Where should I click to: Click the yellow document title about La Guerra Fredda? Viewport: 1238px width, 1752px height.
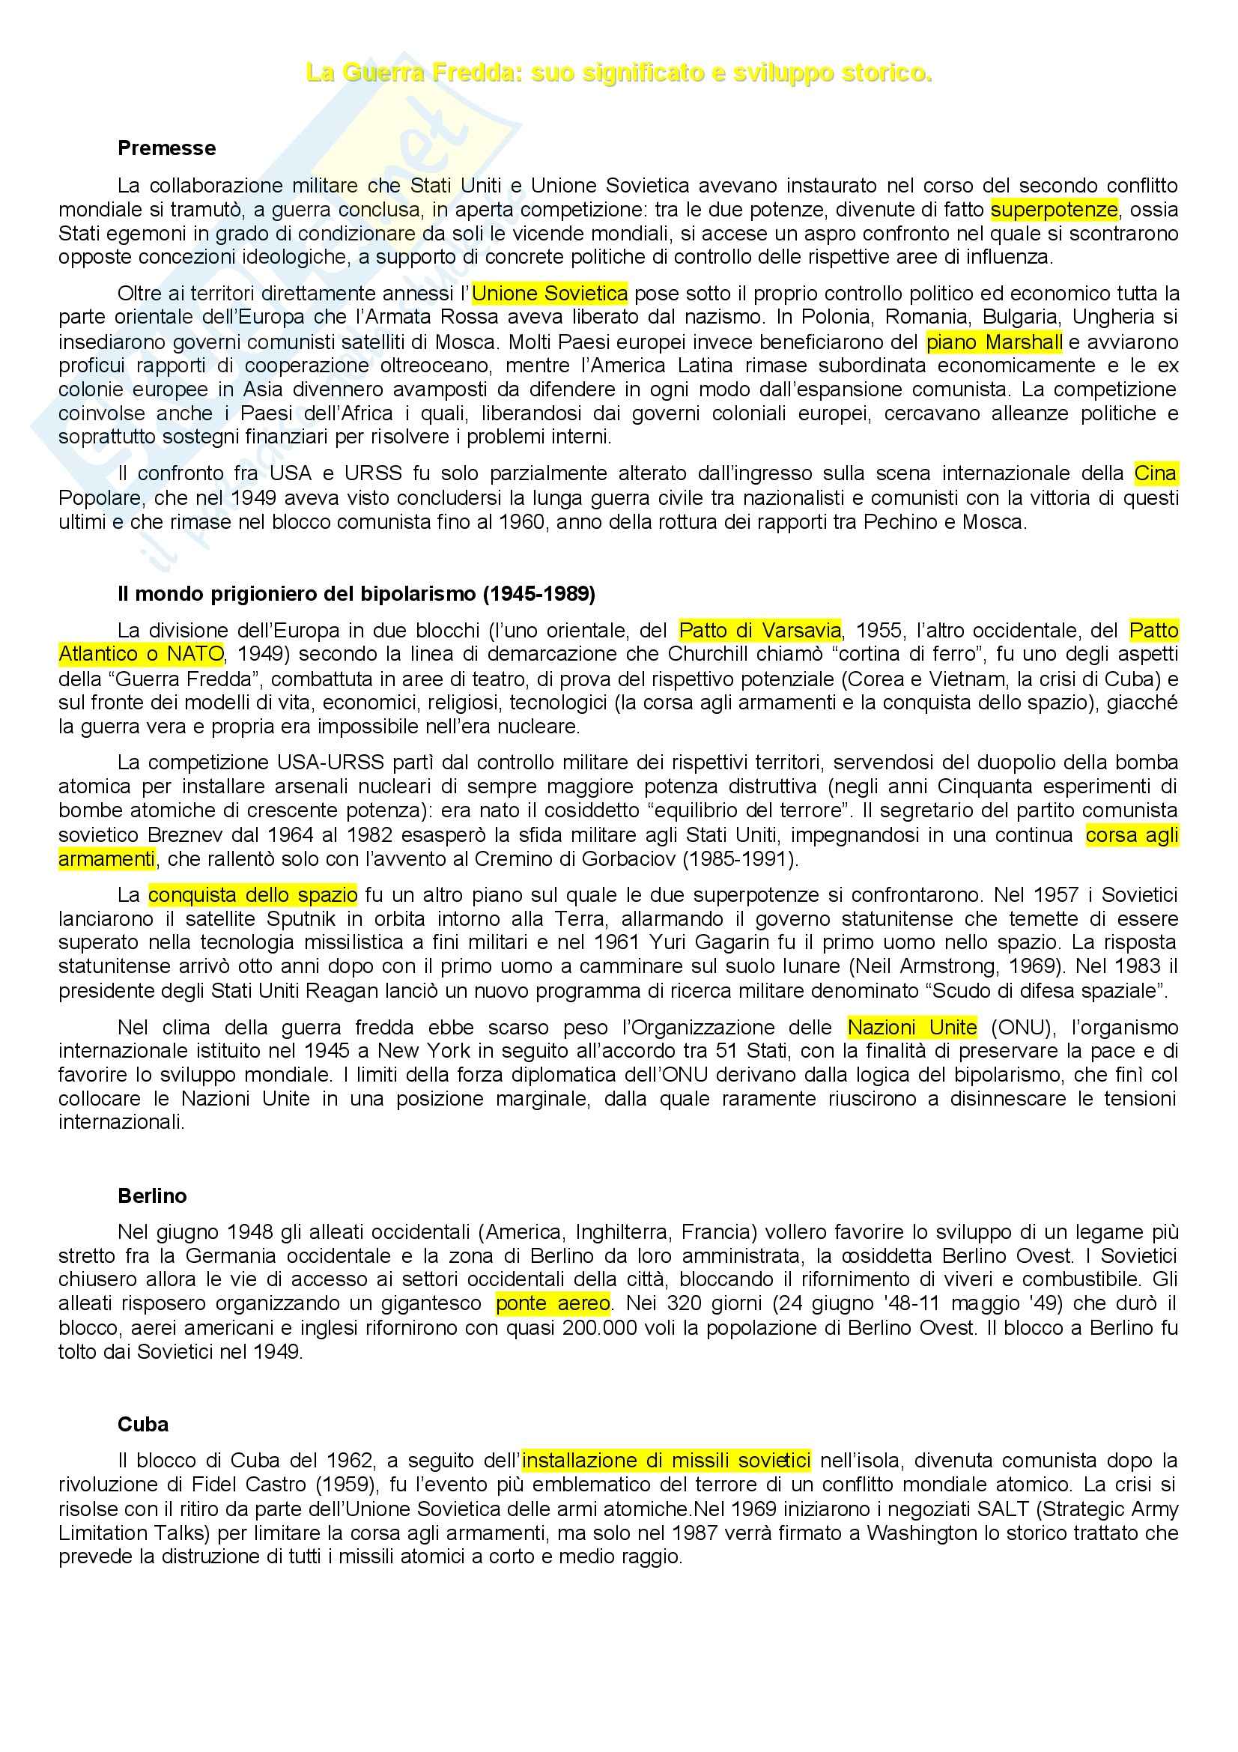(x=619, y=73)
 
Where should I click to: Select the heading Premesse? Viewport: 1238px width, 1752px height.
(x=166, y=148)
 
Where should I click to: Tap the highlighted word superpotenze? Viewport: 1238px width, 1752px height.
(x=1054, y=209)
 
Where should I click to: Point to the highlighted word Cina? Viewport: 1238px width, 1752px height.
(x=1155, y=474)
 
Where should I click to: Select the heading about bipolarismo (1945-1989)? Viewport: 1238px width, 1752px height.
(x=356, y=594)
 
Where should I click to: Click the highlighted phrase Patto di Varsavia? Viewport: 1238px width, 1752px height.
(x=759, y=630)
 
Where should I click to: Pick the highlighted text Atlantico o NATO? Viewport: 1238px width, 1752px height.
(x=141, y=654)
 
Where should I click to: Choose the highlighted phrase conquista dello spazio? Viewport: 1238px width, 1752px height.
(x=252, y=894)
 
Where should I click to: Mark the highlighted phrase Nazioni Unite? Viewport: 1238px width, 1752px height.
(x=911, y=1027)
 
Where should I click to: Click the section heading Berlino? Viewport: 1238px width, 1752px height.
(x=152, y=1195)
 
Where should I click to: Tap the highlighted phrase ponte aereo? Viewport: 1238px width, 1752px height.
(x=553, y=1303)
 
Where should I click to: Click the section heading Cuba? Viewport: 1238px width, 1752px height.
(x=142, y=1424)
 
